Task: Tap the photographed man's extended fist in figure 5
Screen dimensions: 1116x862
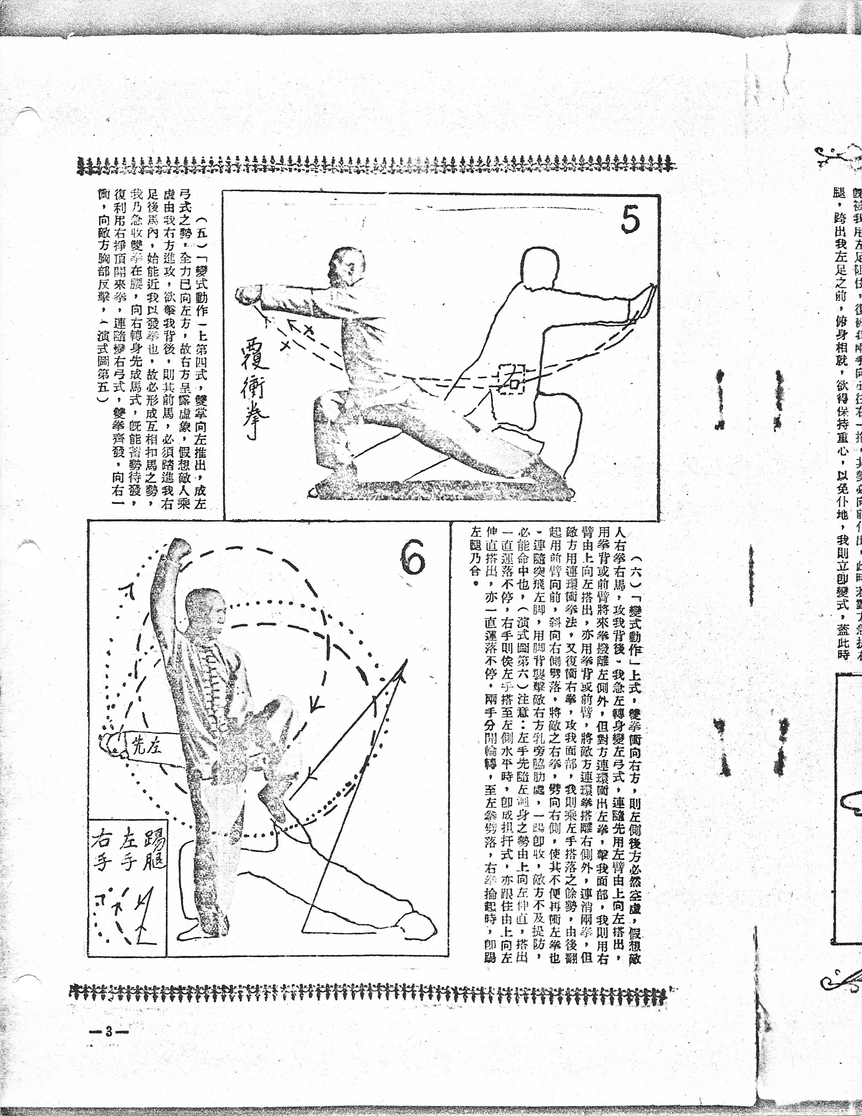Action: click(248, 294)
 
